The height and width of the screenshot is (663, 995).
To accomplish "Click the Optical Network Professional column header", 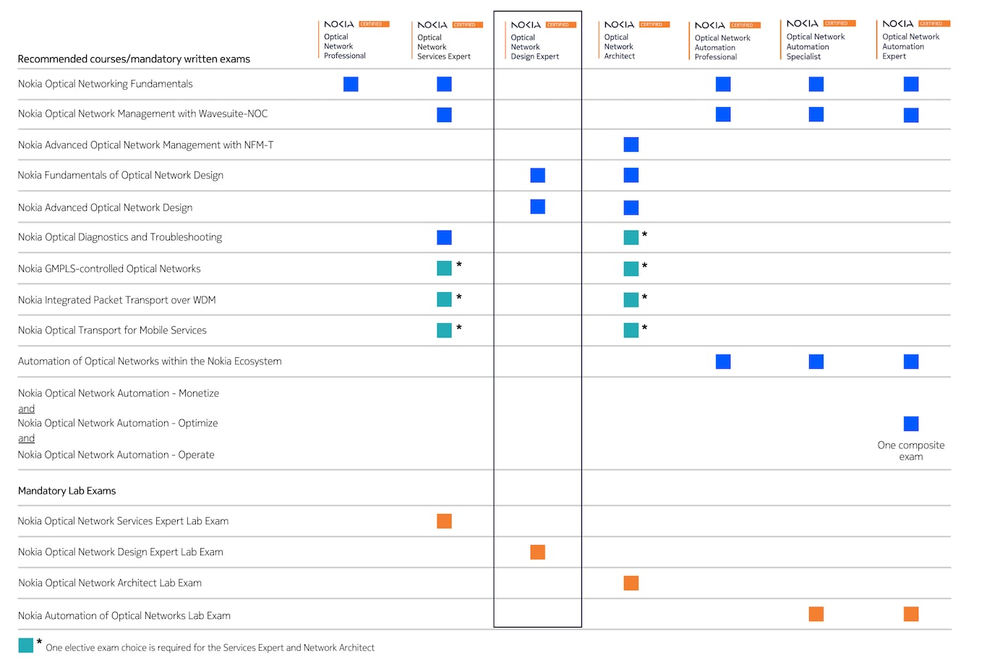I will (345, 46).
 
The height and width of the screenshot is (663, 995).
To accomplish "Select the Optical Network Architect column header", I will (620, 46).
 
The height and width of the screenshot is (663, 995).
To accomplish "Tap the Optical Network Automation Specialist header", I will (815, 46).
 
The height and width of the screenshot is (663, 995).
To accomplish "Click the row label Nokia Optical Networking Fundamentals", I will (106, 84).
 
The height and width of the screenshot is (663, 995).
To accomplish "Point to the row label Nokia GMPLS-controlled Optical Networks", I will (109, 269).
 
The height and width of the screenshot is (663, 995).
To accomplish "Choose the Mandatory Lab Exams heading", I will (67, 491).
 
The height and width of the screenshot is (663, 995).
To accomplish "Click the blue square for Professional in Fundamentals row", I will (351, 85).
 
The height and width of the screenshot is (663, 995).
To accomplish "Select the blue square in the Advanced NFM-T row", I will (631, 145).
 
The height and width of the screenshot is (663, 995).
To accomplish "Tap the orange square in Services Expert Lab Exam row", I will (445, 521).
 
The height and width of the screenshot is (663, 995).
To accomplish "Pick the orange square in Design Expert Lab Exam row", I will (537, 552).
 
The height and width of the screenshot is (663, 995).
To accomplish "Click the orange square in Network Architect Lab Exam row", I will (631, 583).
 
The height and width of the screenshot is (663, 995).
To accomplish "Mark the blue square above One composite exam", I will (911, 424).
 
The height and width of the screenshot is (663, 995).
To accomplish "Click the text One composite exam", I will (911, 451).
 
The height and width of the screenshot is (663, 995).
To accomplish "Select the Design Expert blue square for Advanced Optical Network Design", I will (537, 207).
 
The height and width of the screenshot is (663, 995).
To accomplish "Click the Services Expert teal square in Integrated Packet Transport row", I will (445, 299).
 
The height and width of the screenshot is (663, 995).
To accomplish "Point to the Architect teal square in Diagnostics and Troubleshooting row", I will (631, 237).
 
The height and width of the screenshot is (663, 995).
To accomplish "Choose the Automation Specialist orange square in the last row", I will (816, 615).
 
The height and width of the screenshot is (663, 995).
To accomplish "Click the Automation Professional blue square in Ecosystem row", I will (723, 362).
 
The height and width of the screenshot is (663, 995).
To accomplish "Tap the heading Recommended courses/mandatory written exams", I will (134, 59).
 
